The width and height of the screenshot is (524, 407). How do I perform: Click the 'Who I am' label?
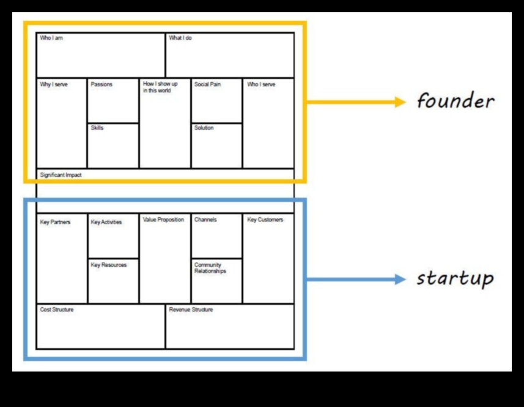[51, 38]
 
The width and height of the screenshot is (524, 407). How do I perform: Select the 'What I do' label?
[180, 38]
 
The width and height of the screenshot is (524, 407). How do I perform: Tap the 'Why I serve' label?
[54, 84]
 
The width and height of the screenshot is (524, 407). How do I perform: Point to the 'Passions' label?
[101, 84]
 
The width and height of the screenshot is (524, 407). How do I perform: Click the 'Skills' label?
[97, 128]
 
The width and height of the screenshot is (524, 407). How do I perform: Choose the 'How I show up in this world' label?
[160, 88]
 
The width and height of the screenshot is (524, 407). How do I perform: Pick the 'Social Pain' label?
[207, 84]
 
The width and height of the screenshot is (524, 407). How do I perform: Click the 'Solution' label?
[204, 128]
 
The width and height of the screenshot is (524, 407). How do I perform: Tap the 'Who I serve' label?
[261, 84]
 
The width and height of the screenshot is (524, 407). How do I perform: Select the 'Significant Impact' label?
[61, 175]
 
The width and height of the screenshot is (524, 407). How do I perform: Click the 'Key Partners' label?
[55, 222]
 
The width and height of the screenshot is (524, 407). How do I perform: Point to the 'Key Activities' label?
[106, 222]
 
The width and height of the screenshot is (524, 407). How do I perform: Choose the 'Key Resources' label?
[109, 265]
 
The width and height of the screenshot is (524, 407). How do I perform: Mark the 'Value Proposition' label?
[163, 220]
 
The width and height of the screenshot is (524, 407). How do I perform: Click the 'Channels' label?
[205, 220]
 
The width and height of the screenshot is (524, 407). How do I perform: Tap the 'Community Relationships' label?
[210, 268]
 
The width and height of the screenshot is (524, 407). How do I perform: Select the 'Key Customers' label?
[265, 220]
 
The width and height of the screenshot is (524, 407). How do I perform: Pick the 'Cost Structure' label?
[57, 310]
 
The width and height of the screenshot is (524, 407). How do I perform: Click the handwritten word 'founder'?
[456, 101]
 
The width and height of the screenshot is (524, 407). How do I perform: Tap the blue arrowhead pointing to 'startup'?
[400, 280]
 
